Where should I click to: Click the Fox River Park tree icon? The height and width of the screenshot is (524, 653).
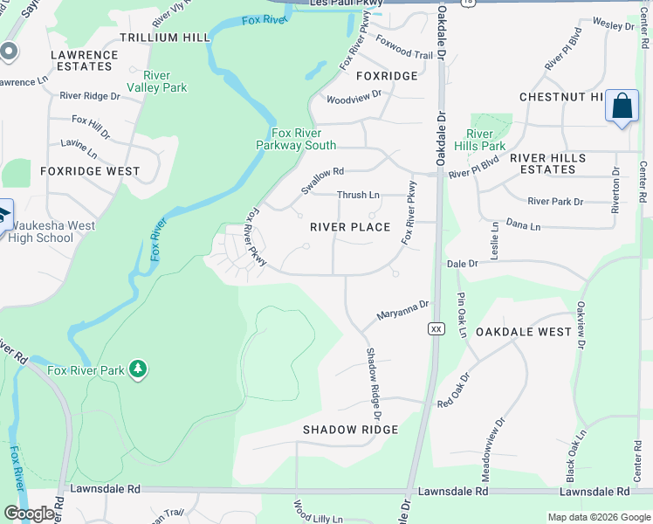137,369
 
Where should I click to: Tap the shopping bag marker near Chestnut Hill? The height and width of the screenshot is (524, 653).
622,107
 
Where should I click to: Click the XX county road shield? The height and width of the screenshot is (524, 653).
436,328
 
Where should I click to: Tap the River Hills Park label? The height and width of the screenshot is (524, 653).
480,140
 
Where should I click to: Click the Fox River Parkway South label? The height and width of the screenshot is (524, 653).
296,139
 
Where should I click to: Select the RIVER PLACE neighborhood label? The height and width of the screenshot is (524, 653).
351,227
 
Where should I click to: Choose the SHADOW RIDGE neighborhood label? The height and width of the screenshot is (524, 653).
350,430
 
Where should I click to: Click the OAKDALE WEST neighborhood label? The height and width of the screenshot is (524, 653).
524,333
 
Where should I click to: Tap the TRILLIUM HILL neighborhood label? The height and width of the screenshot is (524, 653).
165,38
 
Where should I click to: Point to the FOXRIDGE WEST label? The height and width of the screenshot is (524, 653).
90,171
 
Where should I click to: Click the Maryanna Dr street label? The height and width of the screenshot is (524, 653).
402,310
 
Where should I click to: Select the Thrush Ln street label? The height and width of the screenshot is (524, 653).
358,195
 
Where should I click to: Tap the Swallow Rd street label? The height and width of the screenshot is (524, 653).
322,181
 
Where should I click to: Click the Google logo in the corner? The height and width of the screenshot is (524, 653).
29,514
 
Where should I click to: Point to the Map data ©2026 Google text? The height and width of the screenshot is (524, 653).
597,517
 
